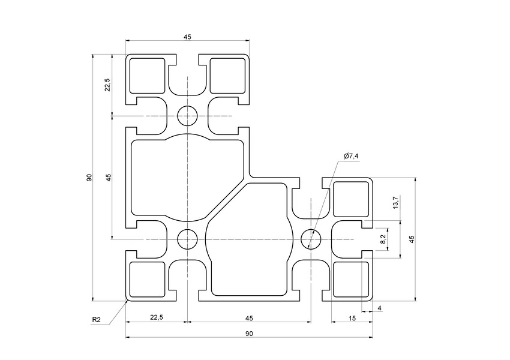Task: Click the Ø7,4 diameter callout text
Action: click(x=351, y=156)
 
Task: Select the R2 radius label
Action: click(x=96, y=319)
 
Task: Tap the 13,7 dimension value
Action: click(x=394, y=203)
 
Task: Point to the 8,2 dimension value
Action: click(x=383, y=239)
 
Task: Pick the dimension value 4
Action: click(x=379, y=308)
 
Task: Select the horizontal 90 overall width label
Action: click(x=248, y=333)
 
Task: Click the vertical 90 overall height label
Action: click(x=89, y=178)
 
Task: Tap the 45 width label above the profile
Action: click(x=187, y=37)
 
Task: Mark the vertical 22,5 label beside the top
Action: click(x=107, y=85)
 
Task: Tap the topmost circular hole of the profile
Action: click(x=187, y=115)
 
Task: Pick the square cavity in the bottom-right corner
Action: click(x=352, y=279)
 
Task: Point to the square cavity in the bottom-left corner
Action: click(x=147, y=279)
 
